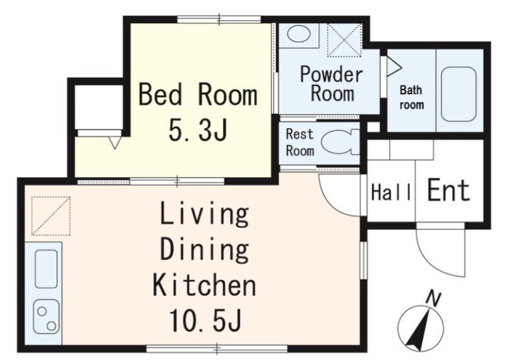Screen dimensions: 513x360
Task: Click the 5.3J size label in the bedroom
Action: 198,129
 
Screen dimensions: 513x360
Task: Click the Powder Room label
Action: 332,84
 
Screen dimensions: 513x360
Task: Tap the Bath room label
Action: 411,97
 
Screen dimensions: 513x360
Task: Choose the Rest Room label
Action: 300,143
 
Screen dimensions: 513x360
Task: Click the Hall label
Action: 391,192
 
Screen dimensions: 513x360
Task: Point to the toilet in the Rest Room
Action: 340,142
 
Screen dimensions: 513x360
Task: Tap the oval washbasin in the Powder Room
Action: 298,35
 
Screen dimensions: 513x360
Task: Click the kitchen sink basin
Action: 46,269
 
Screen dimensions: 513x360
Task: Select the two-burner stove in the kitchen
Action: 46,317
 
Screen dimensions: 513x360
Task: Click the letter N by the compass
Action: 433,298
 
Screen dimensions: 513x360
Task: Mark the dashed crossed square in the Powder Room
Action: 344,40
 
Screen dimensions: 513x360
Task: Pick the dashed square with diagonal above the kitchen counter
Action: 51,216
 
